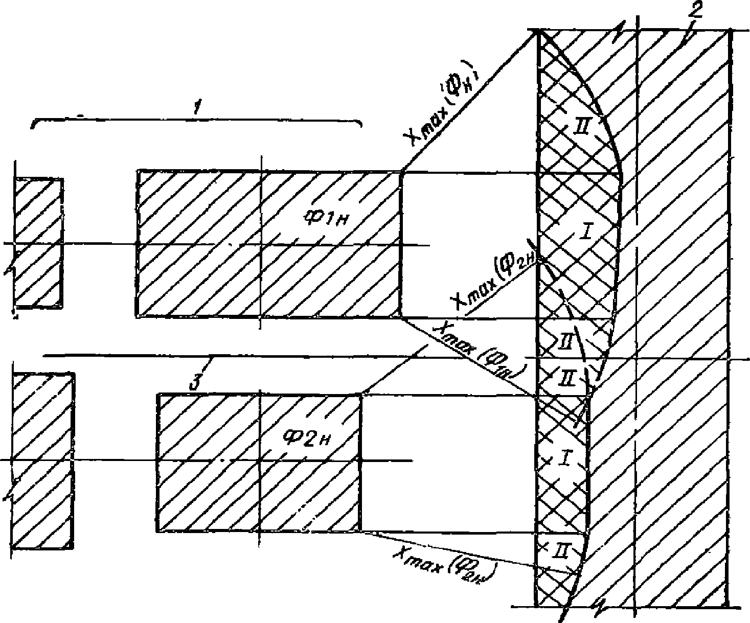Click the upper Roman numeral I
coord(585,234)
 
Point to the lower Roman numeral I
coord(563,459)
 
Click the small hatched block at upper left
coord(38,243)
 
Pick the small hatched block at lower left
coord(42,460)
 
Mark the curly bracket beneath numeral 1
coord(197,121)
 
